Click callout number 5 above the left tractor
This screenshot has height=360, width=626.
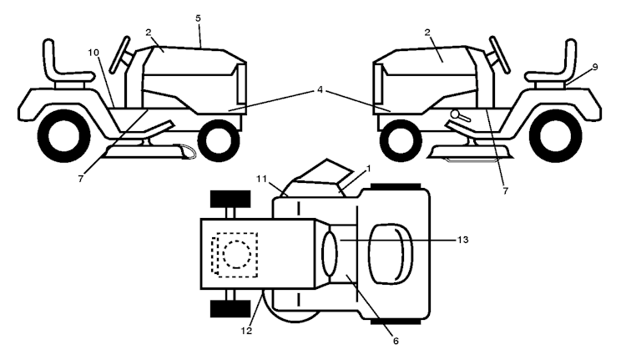coord(199,18)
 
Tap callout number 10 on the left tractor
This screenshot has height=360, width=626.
coord(93,53)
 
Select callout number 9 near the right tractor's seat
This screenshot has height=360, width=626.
coord(595,67)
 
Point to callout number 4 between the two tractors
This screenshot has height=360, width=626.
coord(320,90)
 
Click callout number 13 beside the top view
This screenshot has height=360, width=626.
coord(462,240)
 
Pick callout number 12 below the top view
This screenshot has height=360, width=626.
coord(246,331)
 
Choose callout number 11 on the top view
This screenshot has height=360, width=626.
coord(261,179)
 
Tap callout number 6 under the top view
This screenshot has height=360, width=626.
coord(396,341)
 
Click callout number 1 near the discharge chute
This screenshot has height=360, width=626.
coord(368,169)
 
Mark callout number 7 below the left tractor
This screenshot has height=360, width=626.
coord(81,179)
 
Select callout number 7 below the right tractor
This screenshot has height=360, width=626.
coord(506,191)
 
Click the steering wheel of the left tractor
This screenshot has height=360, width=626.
coord(119,55)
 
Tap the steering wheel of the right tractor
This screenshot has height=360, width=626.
coord(500,55)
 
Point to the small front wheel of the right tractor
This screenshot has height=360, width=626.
coord(401,140)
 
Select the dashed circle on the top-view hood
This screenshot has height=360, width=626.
coord(237,254)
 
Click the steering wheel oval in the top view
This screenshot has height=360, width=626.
coord(330,254)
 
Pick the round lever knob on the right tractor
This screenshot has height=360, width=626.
coord(455,114)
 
